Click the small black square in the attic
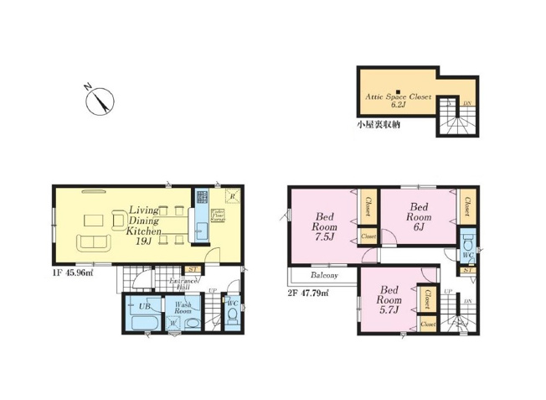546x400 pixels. click(398, 90)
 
